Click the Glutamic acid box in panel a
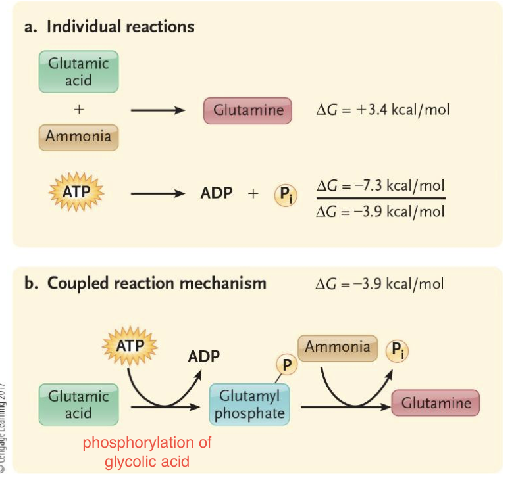(x=78, y=72)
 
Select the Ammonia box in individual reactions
(x=78, y=137)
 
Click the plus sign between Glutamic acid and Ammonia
(x=78, y=110)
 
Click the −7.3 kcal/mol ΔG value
(x=380, y=185)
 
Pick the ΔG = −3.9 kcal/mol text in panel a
(x=380, y=212)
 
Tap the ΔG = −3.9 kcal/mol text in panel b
(x=380, y=283)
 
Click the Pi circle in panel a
(x=284, y=195)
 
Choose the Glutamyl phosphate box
(x=249, y=404)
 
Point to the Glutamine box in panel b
(x=436, y=403)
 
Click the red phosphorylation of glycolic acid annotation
(x=147, y=452)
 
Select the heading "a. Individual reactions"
(x=109, y=27)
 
